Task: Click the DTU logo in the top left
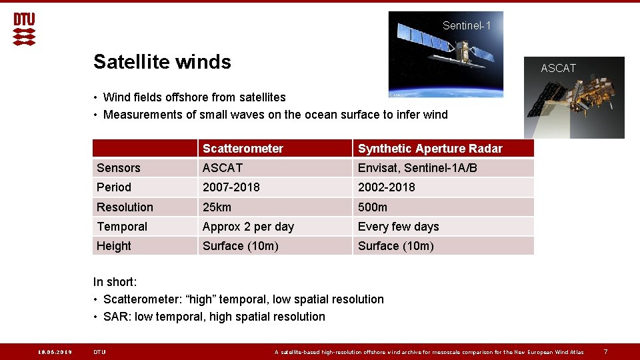(x=24, y=29)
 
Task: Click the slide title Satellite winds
(x=162, y=62)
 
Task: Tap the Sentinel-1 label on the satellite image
(x=467, y=26)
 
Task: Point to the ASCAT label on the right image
(x=558, y=68)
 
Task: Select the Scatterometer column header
(x=243, y=149)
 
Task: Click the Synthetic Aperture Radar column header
(x=430, y=149)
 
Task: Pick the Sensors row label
(x=119, y=168)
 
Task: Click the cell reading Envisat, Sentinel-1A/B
(x=417, y=168)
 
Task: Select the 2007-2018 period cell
(x=231, y=187)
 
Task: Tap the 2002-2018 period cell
(x=387, y=187)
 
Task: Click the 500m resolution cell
(x=373, y=207)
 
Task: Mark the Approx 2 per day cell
(x=248, y=227)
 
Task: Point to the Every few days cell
(x=399, y=227)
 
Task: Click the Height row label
(x=114, y=246)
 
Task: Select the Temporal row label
(x=122, y=227)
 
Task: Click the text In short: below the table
(x=115, y=282)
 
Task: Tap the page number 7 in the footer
(x=605, y=352)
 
